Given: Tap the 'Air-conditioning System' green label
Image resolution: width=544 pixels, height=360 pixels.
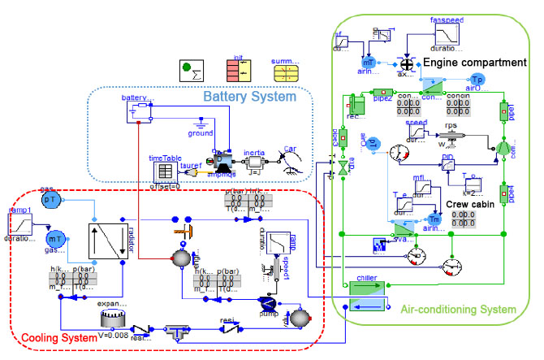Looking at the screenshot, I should (x=458, y=309).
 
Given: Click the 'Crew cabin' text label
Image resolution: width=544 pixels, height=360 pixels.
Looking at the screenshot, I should (x=468, y=204).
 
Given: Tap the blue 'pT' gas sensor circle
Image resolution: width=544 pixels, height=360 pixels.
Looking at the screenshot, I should (x=50, y=200).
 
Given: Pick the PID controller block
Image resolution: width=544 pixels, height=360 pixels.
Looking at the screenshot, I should (x=447, y=163).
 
